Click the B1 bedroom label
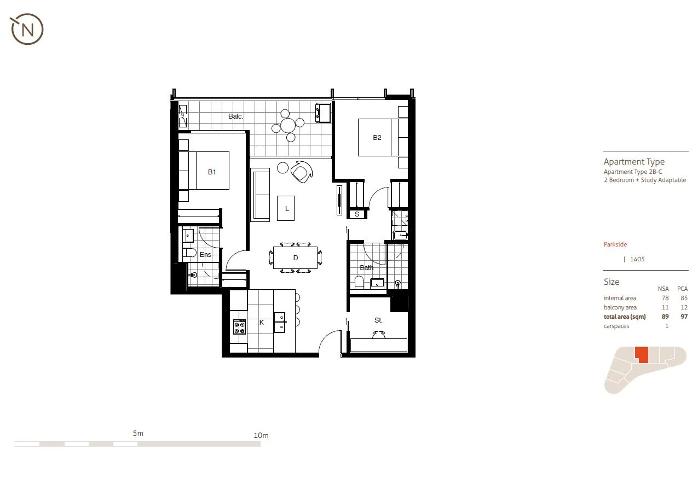tap(212, 172)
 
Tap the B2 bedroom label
tap(377, 138)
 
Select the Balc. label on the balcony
tap(236, 116)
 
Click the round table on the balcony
tap(287, 126)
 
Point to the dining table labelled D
tap(295, 257)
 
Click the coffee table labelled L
tap(286, 208)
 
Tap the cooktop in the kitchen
tap(239, 327)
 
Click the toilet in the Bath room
tap(359, 283)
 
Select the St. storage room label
tap(378, 320)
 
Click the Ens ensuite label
tap(205, 255)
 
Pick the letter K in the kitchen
tap(261, 323)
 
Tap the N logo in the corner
tap(27, 30)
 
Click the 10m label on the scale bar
tap(261, 436)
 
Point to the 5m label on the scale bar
tap(138, 434)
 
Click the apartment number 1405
tap(637, 259)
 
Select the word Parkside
tap(615, 244)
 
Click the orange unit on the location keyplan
tap(642, 355)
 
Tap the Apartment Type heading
tap(634, 162)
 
